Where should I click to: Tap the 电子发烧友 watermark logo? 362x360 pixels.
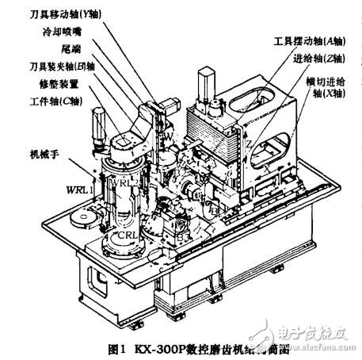pos(305,333)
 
